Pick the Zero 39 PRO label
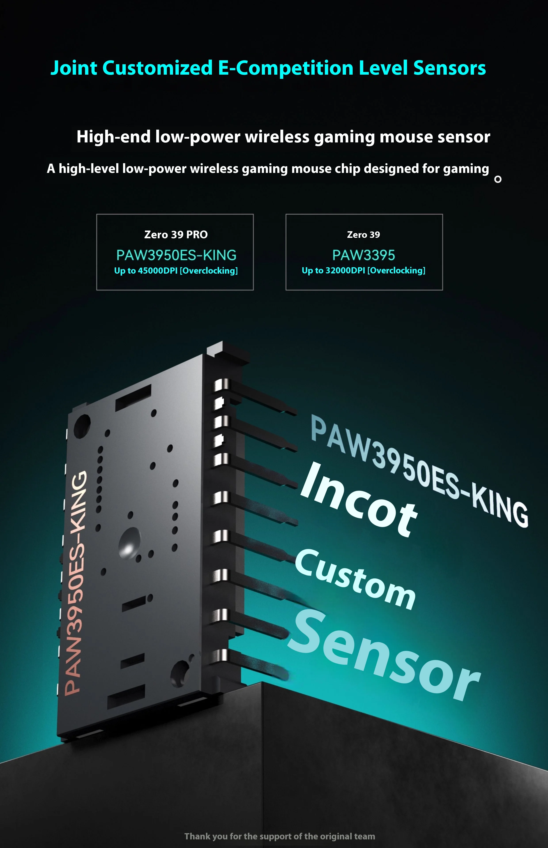pos(176,235)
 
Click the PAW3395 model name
pos(363,255)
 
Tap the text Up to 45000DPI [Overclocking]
pos(176,271)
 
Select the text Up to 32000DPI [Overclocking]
pos(363,271)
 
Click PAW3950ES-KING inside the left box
pos(176,255)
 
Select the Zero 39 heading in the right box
pos(363,235)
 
